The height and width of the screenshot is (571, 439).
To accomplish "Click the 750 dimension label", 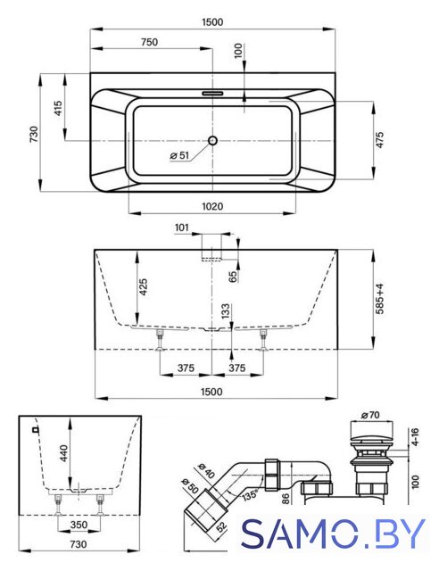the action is pyautogui.click(x=149, y=42).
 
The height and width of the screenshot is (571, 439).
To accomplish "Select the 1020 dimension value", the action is pyautogui.click(x=212, y=206).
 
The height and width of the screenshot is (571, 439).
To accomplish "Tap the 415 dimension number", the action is pyautogui.click(x=58, y=108).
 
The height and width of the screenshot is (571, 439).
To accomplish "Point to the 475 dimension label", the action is pyautogui.click(x=379, y=140).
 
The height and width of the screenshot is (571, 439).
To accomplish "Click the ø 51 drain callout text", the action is pyautogui.click(x=179, y=155).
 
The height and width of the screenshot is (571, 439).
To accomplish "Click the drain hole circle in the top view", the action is pyautogui.click(x=212, y=140).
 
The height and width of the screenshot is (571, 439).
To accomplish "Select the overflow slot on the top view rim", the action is pyautogui.click(x=212, y=93).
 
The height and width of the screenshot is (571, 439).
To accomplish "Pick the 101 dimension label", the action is pyautogui.click(x=182, y=228).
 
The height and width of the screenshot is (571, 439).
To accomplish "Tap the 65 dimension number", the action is pyautogui.click(x=233, y=277).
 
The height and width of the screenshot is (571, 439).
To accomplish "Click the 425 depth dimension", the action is pyautogui.click(x=143, y=287).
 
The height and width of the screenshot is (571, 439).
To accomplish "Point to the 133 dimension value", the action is pyautogui.click(x=226, y=311).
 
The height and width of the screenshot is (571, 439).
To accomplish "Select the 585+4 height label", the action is pyautogui.click(x=379, y=299).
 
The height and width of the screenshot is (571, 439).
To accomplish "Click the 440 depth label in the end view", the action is pyautogui.click(x=63, y=453).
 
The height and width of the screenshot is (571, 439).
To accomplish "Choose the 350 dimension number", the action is pyautogui.click(x=79, y=525).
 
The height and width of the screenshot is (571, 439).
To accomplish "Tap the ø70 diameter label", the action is pyautogui.click(x=370, y=415).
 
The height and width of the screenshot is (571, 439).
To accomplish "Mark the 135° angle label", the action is pyautogui.click(x=249, y=494).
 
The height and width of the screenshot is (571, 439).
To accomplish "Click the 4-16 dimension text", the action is pyautogui.click(x=414, y=437).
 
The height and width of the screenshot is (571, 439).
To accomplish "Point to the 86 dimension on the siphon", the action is pyautogui.click(x=286, y=499).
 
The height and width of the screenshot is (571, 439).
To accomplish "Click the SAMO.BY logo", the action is pyautogui.click(x=334, y=534).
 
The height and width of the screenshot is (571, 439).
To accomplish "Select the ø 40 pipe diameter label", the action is pyautogui.click(x=206, y=470).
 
